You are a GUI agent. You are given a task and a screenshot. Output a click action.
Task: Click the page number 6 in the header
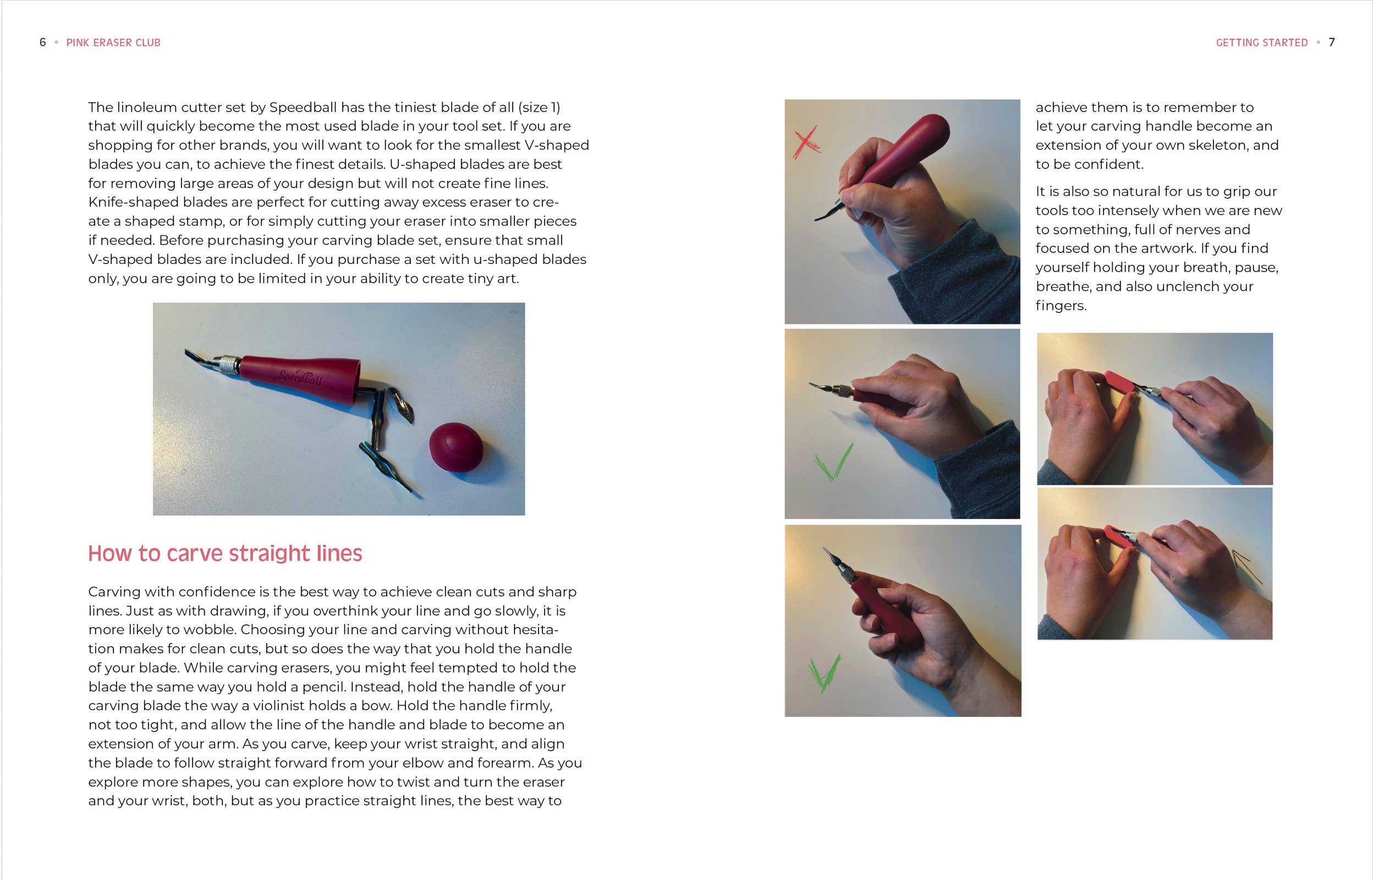[x=42, y=42]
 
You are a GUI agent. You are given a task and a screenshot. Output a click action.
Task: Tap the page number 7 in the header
[x=1331, y=42]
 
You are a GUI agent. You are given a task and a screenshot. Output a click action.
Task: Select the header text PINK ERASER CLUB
[x=113, y=43]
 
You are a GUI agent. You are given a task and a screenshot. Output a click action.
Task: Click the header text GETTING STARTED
[x=1261, y=43]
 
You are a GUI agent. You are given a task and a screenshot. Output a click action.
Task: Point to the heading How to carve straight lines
[x=225, y=553]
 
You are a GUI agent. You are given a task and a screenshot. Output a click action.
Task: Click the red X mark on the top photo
[x=806, y=142]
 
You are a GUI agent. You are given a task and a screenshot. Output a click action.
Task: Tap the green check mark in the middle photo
[x=833, y=461]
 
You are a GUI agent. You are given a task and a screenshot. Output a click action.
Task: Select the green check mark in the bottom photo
[x=825, y=673]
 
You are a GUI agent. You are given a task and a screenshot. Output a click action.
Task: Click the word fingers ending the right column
[x=1061, y=306]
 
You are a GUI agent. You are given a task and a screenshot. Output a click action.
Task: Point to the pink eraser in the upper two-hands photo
[x=1120, y=383]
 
